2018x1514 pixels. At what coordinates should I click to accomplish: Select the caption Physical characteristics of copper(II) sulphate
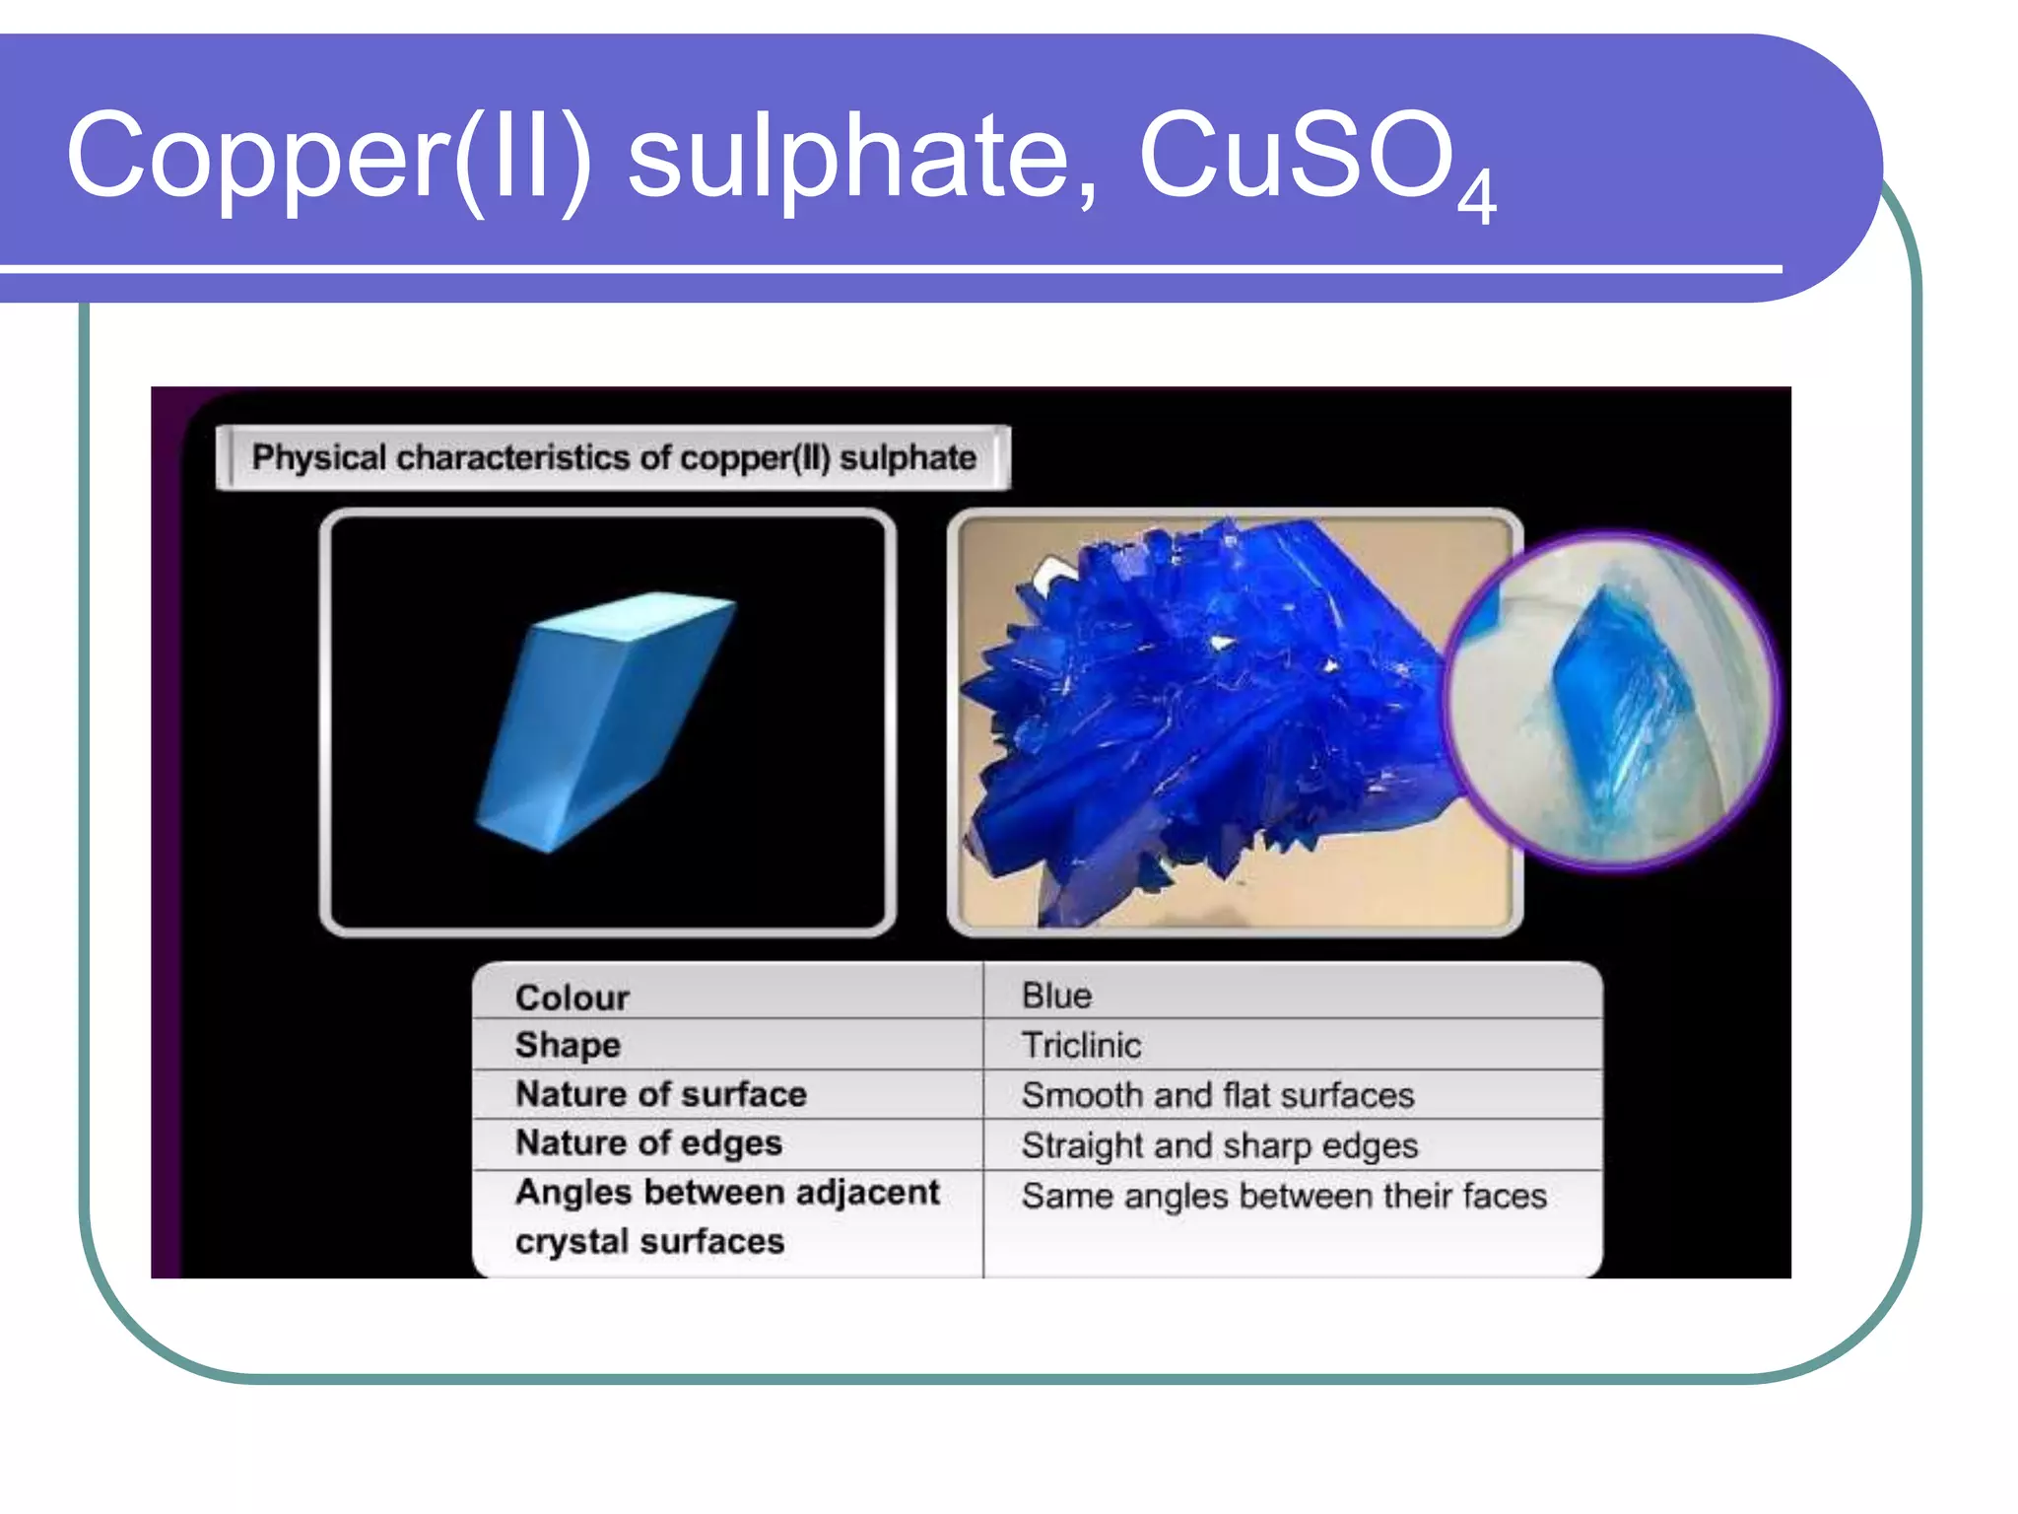pos(613,458)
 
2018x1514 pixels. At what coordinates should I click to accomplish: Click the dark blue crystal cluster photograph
pos(1202,720)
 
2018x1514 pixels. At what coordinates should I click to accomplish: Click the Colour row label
pos(572,998)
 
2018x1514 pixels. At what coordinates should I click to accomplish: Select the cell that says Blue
pos(1056,996)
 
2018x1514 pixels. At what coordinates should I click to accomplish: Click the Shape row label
pos(568,1045)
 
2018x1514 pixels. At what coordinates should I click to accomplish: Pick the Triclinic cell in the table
pos(1081,1045)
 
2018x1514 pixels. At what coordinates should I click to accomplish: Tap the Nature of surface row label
pos(660,1094)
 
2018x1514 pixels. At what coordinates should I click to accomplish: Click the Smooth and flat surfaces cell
pos(1217,1095)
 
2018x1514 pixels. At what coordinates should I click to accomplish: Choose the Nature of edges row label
pos(648,1143)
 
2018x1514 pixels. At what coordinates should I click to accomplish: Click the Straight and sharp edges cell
pos(1219,1145)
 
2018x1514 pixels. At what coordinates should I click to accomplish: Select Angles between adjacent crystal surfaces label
pos(726,1216)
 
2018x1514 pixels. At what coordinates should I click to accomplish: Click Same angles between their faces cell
pos(1283,1197)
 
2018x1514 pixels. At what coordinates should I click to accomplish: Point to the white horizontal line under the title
pos(887,268)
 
